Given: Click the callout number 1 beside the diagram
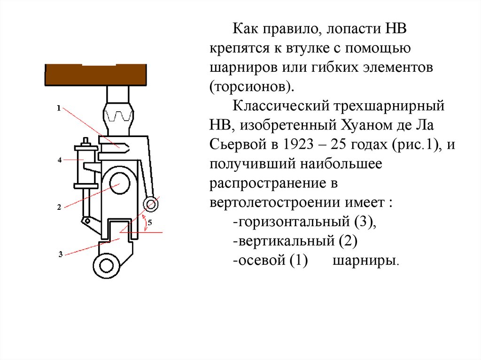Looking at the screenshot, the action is tap(58, 108).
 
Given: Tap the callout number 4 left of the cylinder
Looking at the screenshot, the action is tap(60, 160).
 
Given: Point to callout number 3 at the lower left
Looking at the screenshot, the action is tap(61, 254).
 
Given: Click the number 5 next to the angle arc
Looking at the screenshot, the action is tap(149, 223).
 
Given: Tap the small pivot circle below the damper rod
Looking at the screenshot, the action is tap(86, 221).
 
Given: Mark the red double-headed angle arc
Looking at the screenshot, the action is tap(141, 224).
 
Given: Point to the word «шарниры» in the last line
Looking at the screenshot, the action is tap(365, 261).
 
